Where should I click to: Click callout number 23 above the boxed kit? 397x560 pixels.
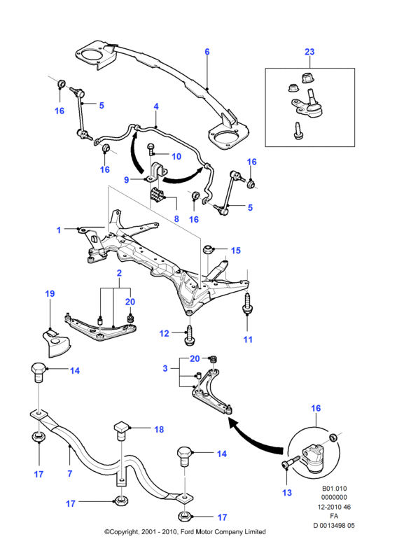coord(309,52)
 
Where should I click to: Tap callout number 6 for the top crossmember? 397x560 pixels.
coord(207,52)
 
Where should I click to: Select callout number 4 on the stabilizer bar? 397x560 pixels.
coord(156,106)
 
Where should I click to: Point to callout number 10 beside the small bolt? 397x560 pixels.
coord(176,156)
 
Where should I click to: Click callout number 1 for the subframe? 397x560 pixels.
coord(59,230)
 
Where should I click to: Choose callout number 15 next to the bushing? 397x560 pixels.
coord(236,251)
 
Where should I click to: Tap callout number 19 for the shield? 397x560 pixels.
coord(50,293)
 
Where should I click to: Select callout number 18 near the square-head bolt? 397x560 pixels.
coord(159,429)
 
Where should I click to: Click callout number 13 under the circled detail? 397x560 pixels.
coord(287,493)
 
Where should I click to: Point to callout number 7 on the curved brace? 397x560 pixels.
coord(70,474)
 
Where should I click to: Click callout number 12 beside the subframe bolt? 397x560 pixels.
coord(164,334)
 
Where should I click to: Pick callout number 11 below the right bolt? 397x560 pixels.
coord(248,339)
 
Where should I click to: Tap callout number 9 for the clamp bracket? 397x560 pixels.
coord(127,179)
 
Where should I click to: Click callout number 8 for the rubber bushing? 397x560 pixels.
coord(176,218)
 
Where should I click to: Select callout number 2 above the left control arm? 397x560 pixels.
coord(119,273)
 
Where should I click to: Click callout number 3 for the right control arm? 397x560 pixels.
coord(165,368)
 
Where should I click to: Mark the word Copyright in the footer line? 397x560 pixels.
coord(124,532)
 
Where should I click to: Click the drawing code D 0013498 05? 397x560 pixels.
coord(334,526)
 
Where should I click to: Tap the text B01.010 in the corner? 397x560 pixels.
coord(335,488)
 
